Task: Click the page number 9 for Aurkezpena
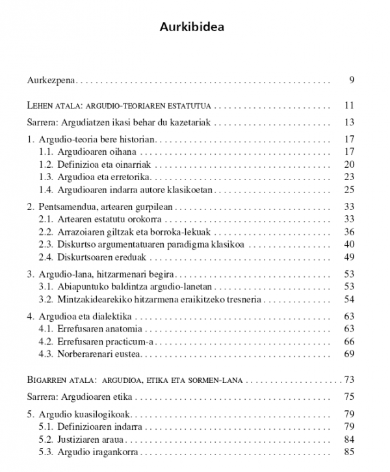pyautogui.click(x=351, y=81)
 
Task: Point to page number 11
pyautogui.click(x=348, y=105)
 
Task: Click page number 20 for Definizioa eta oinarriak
pyautogui.click(x=348, y=164)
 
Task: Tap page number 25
pyautogui.click(x=348, y=190)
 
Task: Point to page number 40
pyautogui.click(x=348, y=244)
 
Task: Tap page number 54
pyautogui.click(x=348, y=300)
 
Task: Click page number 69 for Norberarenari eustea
pyautogui.click(x=348, y=354)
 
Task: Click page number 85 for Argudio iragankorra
pyautogui.click(x=348, y=452)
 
